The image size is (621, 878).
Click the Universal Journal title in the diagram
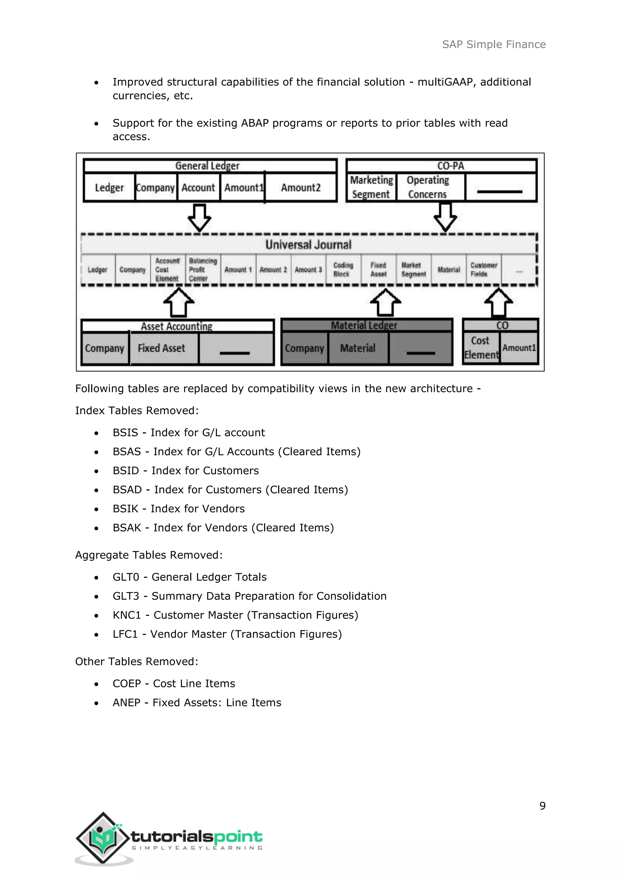[308, 245]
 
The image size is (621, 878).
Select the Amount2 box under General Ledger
[300, 187]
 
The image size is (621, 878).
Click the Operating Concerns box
[428, 187]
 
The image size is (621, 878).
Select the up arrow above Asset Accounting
[179, 303]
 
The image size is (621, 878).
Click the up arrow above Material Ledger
[385, 303]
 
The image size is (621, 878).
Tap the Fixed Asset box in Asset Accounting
[161, 348]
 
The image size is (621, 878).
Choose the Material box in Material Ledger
[357, 348]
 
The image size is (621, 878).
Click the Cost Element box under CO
[481, 348]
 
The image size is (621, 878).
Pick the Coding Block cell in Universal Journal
[343, 270]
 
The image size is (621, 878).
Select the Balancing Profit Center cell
[202, 270]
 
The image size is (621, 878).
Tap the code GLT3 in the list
[126, 596]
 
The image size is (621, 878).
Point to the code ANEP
[126, 702]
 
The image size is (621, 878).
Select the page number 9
[542, 806]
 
